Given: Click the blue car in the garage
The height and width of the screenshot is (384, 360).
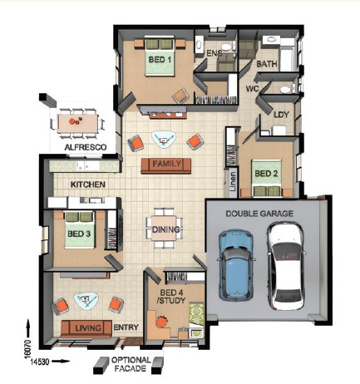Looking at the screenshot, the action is [x=236, y=265].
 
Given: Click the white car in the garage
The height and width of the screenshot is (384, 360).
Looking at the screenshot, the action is [x=285, y=266].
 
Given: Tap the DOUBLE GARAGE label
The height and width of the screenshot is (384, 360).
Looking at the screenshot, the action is [x=259, y=214].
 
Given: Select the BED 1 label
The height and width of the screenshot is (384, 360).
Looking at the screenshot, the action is [x=160, y=60].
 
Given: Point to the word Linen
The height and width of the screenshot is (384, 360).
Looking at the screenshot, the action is [x=233, y=182].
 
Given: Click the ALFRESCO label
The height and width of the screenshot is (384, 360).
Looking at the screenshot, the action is [x=86, y=147].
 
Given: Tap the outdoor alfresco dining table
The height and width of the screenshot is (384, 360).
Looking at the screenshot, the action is [x=77, y=123].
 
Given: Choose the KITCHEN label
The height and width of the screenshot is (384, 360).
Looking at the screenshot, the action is [x=88, y=185].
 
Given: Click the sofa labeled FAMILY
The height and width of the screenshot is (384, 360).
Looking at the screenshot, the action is [x=165, y=165].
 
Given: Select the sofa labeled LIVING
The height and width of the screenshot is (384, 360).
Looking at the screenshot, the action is [x=86, y=328].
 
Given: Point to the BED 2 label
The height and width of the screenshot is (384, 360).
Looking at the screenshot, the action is [x=266, y=174].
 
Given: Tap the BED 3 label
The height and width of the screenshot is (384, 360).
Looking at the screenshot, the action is [x=79, y=234].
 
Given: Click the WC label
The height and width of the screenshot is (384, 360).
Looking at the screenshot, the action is [x=252, y=89].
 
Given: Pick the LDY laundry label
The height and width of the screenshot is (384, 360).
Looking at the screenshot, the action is [x=281, y=115].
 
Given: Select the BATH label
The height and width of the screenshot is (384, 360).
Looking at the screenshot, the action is [x=267, y=64].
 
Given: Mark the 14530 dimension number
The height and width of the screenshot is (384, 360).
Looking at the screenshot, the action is [x=40, y=362].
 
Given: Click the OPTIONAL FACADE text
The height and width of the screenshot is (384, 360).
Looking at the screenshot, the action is [x=131, y=364].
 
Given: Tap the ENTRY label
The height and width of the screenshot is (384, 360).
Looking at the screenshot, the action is [x=126, y=327].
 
